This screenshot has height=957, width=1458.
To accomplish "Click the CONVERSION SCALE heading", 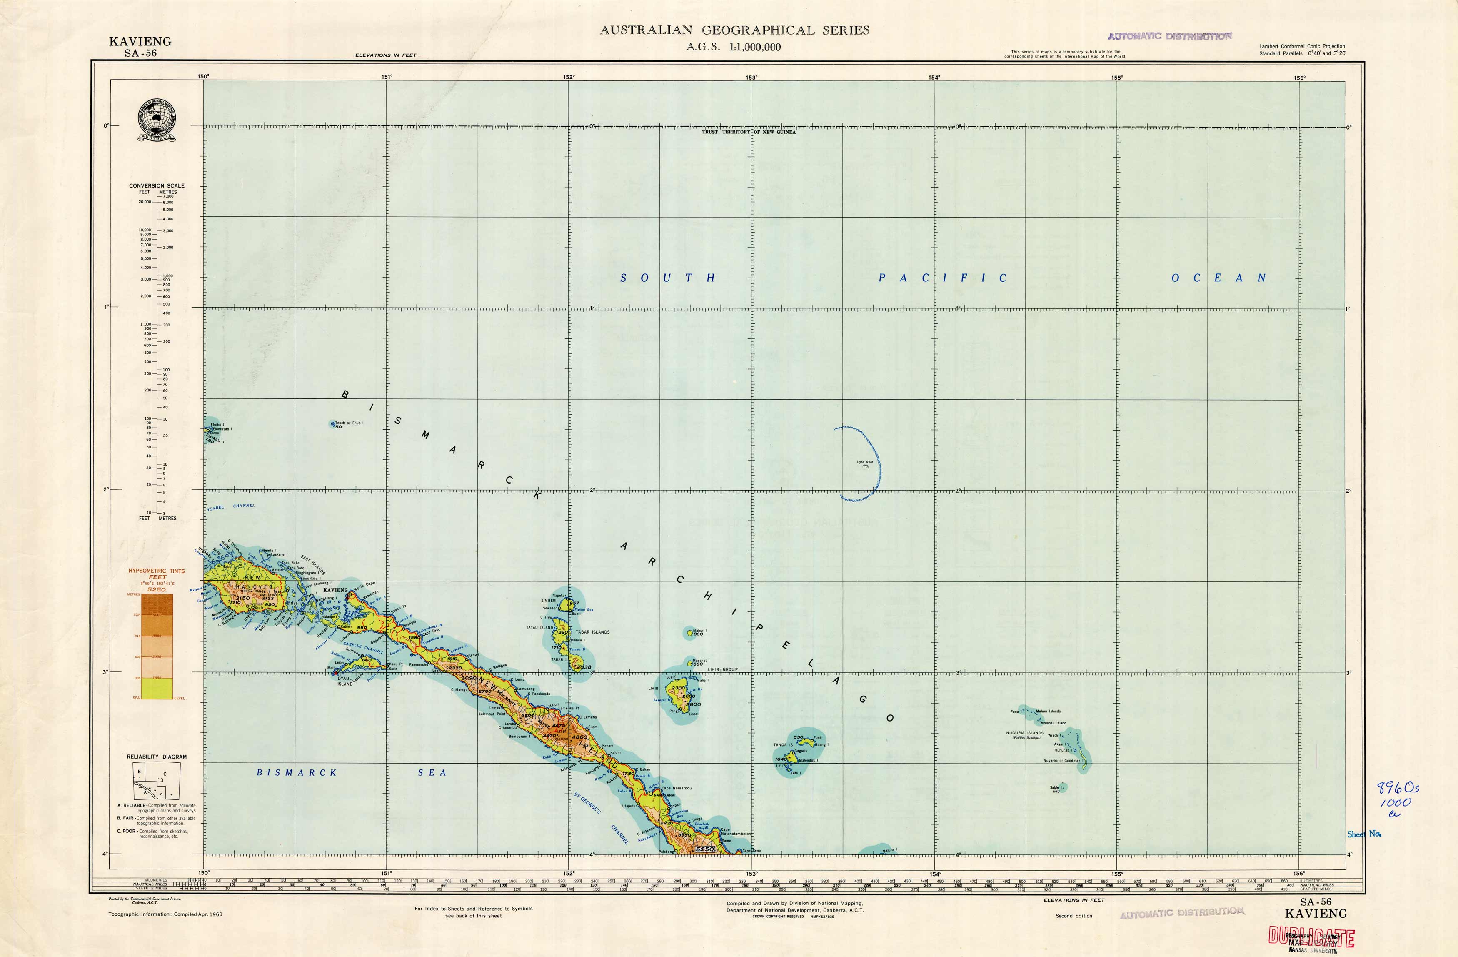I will tap(156, 185).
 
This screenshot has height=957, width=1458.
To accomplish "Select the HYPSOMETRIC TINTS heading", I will tap(156, 571).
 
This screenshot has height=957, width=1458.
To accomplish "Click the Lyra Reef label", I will tap(865, 462).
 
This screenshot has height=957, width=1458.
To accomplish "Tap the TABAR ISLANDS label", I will tap(592, 632).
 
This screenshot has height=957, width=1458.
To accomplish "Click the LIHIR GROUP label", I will tap(722, 669).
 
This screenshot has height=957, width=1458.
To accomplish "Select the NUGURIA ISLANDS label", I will tap(1024, 733).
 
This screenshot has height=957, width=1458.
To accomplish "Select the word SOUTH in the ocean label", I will tap(667, 278).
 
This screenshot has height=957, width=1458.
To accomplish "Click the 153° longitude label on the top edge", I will tap(751, 77).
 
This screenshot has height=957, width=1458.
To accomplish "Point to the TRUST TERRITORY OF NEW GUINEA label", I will tap(749, 132).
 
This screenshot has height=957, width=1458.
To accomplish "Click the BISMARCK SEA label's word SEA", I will tap(432, 772).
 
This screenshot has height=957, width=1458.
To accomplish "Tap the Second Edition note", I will tap(1073, 916).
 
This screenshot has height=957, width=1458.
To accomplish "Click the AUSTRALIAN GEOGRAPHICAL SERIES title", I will tap(734, 30).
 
